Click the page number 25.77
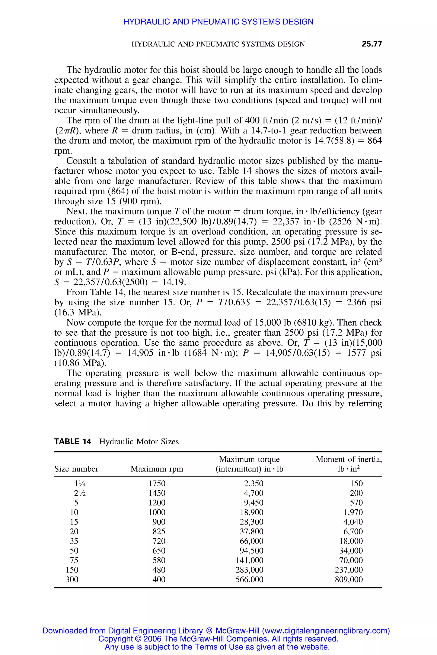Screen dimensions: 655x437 click(371, 44)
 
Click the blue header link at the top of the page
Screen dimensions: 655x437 click(218, 22)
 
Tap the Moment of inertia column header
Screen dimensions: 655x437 click(348, 464)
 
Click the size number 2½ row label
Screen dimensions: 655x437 click(80, 493)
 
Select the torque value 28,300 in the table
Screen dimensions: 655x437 click(251, 522)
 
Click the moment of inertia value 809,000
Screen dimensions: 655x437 click(349, 580)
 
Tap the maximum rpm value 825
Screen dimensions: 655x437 click(159, 531)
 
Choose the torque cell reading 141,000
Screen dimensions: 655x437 click(249, 560)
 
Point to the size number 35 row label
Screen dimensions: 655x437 click(74, 541)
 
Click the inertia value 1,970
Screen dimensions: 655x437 click(353, 512)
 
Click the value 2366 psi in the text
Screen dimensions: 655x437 click(364, 302)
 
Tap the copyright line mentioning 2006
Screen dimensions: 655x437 click(218, 639)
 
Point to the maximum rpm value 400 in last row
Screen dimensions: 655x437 click(159, 580)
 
